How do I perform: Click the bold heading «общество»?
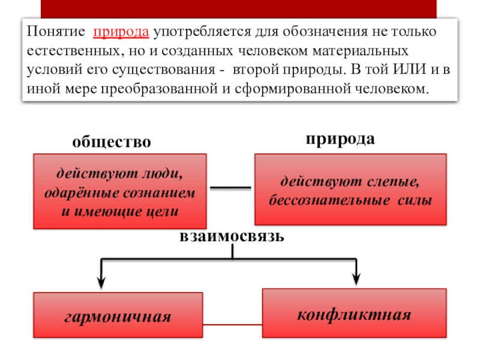pos(112,142)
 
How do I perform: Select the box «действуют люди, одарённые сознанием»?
pos(120,190)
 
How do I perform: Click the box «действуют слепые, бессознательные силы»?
pos(351,190)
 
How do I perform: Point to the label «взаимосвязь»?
pos(231,236)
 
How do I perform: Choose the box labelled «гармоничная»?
pos(118,316)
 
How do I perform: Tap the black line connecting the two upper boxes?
pos(231,188)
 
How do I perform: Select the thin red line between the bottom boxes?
pos(233,324)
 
